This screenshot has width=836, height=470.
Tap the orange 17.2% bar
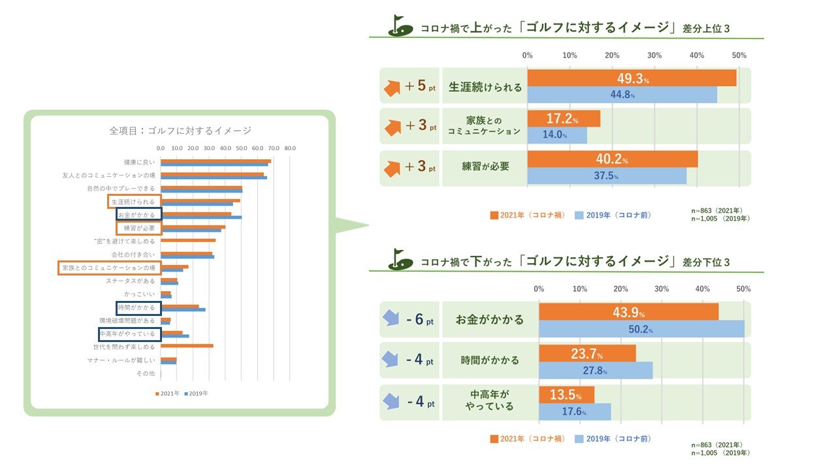[563, 119]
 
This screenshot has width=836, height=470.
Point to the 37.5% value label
[605, 176]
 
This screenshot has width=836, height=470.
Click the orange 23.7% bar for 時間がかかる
[587, 353]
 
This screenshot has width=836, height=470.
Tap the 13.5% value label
[566, 396]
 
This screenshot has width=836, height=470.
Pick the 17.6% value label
[574, 412]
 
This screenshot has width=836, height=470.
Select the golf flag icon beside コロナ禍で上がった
[400, 25]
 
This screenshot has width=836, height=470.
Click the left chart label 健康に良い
[139, 162]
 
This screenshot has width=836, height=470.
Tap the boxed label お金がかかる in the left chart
[137, 215]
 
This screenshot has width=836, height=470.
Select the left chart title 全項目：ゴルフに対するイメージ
[180, 131]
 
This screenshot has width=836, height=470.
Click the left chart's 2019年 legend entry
[196, 393]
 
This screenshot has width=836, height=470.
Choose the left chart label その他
[145, 373]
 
